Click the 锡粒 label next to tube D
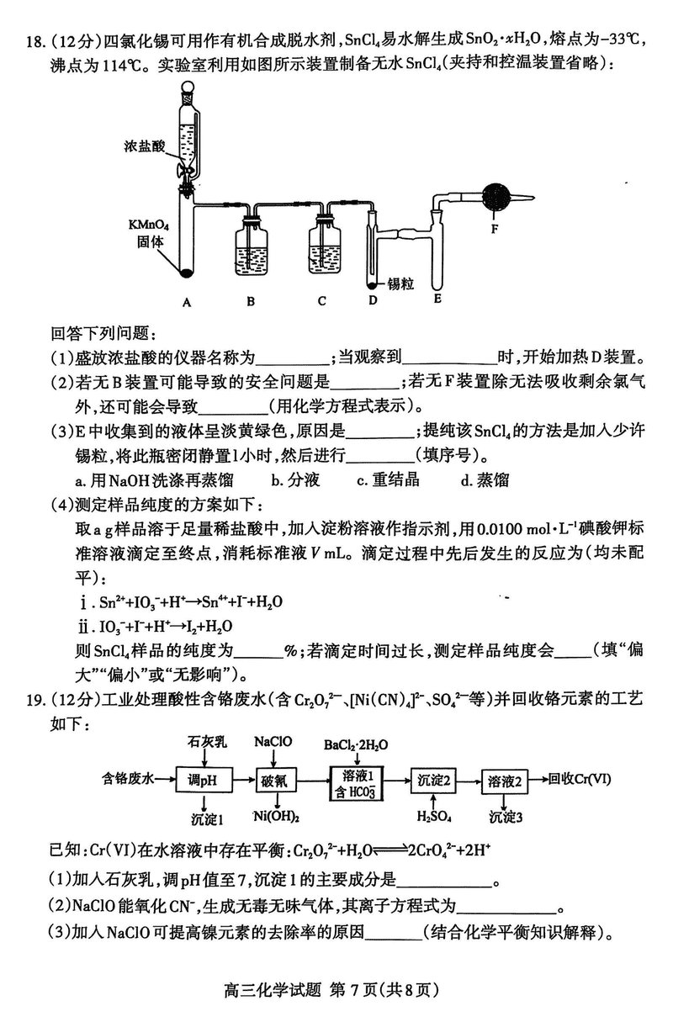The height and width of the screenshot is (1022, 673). (400, 283)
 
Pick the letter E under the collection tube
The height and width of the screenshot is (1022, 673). (437, 297)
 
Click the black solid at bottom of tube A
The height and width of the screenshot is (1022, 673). (188, 271)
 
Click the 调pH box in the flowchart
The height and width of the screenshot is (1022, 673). (202, 780)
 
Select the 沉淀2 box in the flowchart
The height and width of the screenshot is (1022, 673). (433, 780)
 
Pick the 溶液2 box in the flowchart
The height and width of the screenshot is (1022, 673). (506, 780)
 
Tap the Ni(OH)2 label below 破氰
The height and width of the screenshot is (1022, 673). (278, 817)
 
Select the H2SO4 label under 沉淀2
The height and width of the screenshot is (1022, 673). (433, 817)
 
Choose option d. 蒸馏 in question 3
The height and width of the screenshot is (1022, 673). (485, 480)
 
